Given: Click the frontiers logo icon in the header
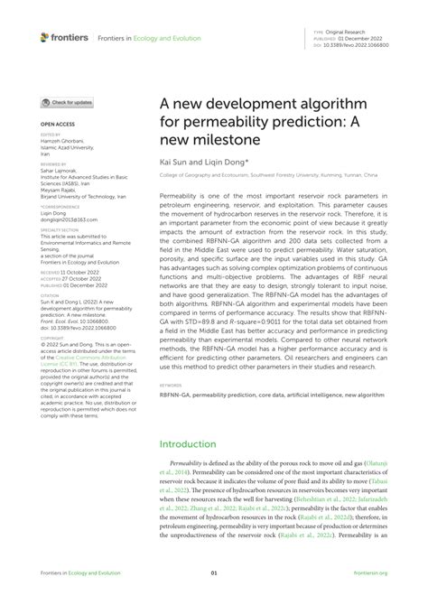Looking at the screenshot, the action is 45,37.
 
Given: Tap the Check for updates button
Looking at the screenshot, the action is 67,103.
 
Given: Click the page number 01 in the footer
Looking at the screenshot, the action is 214,572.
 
